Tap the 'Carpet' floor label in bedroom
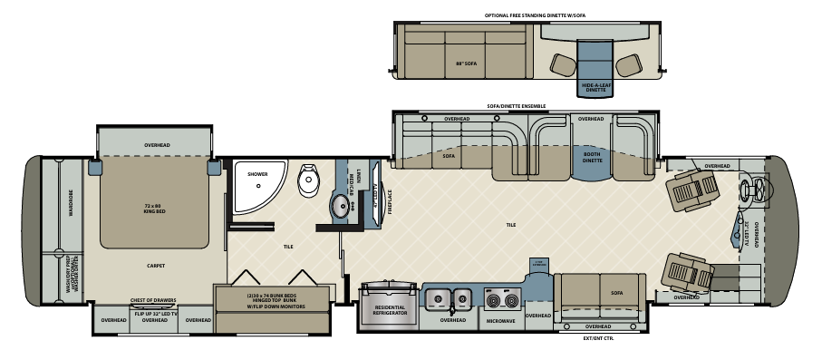point(154,266)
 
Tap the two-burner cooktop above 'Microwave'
point(500,300)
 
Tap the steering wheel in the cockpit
point(750,191)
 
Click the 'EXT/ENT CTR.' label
point(598,340)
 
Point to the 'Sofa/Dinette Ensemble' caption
point(517,105)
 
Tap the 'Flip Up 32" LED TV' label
point(155,311)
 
